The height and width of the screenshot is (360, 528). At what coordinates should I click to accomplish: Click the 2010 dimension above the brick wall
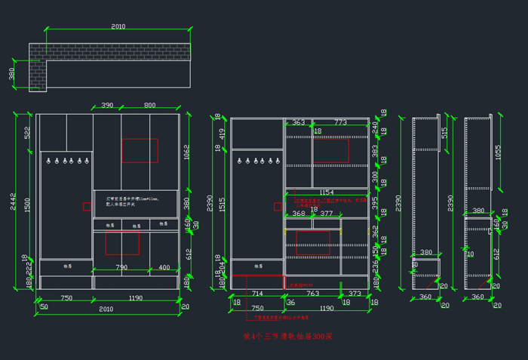click(118, 26)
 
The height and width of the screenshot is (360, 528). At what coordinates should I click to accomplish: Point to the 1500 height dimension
click(28, 205)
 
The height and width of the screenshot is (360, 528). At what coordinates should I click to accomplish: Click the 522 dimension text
click(28, 133)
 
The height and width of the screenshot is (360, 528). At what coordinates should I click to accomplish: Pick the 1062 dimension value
click(186, 152)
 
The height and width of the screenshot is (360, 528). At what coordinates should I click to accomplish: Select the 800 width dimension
click(150, 106)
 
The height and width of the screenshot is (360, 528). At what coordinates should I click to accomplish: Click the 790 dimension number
click(121, 267)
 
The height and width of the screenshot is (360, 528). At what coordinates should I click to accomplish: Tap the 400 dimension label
click(164, 267)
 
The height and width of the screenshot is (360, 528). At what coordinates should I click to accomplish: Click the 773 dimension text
click(341, 122)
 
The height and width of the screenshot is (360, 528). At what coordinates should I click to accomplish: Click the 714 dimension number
click(257, 293)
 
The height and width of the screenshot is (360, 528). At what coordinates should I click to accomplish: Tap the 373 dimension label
click(355, 293)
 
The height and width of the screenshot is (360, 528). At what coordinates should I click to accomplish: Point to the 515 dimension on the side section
click(445, 132)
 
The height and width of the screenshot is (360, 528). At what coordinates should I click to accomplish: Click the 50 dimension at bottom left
click(44, 307)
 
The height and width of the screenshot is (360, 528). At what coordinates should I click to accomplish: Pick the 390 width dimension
click(107, 106)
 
